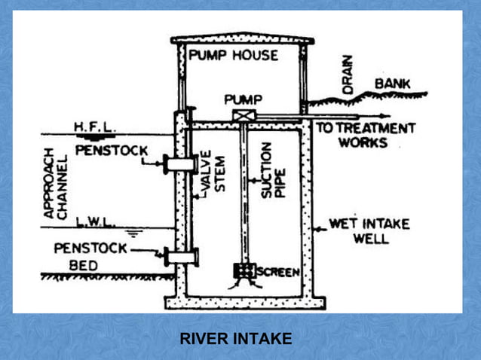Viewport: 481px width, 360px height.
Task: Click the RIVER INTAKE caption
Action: click(235, 339)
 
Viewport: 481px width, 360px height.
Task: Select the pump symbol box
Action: click(243, 115)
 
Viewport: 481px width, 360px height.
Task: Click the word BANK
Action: click(393, 84)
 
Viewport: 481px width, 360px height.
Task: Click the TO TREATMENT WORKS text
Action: click(365, 135)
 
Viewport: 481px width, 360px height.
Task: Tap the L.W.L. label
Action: click(94, 222)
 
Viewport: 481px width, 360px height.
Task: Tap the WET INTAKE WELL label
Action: click(359, 231)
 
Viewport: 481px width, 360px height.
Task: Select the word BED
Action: click(84, 265)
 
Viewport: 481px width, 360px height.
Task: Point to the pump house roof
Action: click(240, 38)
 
